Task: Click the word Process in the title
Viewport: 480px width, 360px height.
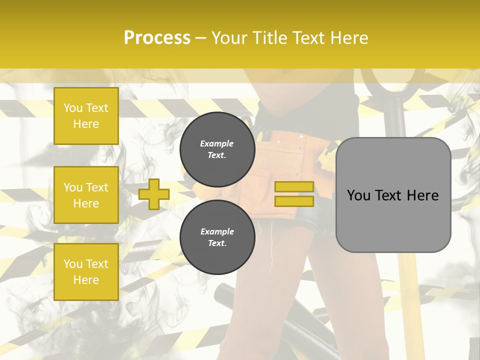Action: coord(157,37)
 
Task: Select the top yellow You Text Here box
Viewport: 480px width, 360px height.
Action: coord(86,116)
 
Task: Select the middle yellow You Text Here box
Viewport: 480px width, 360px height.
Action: coord(86,195)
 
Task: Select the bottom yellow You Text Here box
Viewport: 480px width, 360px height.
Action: coord(86,272)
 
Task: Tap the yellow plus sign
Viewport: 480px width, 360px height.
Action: coord(154,194)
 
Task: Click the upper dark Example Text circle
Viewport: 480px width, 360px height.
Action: coord(217,149)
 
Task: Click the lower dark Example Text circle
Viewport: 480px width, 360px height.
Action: coord(217,237)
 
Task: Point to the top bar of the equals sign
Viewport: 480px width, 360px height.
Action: coord(294,187)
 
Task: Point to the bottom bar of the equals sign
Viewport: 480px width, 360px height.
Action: coord(294,201)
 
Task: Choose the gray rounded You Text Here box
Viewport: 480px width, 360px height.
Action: coord(393,195)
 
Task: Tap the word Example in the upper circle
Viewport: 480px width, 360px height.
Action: coord(217,143)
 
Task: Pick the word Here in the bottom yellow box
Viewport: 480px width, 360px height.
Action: coord(86,280)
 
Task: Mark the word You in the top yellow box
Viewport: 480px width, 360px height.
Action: coord(73,108)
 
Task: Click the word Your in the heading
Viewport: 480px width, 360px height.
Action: coord(230,37)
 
